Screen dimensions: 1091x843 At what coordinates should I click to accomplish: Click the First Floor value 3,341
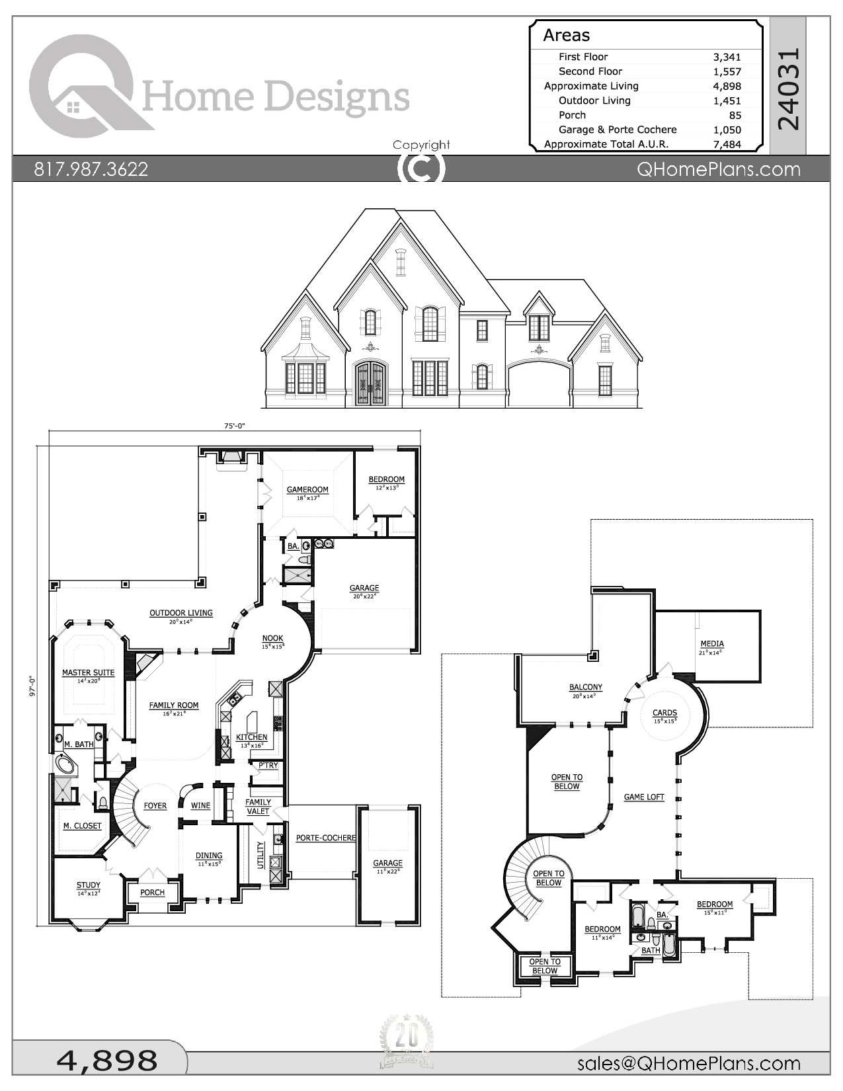point(727,57)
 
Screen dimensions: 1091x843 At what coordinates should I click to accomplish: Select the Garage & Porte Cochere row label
point(617,130)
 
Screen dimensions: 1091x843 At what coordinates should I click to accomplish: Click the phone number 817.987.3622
point(91,169)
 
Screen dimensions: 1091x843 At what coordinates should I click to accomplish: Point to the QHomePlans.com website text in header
point(718,169)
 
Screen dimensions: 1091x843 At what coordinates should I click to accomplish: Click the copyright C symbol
point(421,169)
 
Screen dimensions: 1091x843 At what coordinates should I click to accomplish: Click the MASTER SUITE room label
point(88,672)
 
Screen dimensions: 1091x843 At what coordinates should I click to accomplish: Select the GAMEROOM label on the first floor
point(307,490)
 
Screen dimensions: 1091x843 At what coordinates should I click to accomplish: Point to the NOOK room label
point(272,639)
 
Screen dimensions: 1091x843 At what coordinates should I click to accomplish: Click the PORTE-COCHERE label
point(325,838)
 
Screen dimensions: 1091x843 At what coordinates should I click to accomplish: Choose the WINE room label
point(200,805)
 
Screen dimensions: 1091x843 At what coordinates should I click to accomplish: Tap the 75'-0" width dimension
point(234,426)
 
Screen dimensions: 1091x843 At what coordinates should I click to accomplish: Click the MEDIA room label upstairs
point(712,643)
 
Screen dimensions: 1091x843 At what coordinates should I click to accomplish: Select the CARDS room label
point(664,713)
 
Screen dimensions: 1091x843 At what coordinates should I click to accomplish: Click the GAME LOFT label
point(643,797)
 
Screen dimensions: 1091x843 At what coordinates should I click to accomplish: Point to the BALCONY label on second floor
point(585,687)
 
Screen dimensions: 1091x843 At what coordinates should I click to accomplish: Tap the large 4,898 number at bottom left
point(107,1061)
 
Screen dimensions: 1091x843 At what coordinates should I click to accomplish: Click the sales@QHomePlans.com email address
point(688,1063)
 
